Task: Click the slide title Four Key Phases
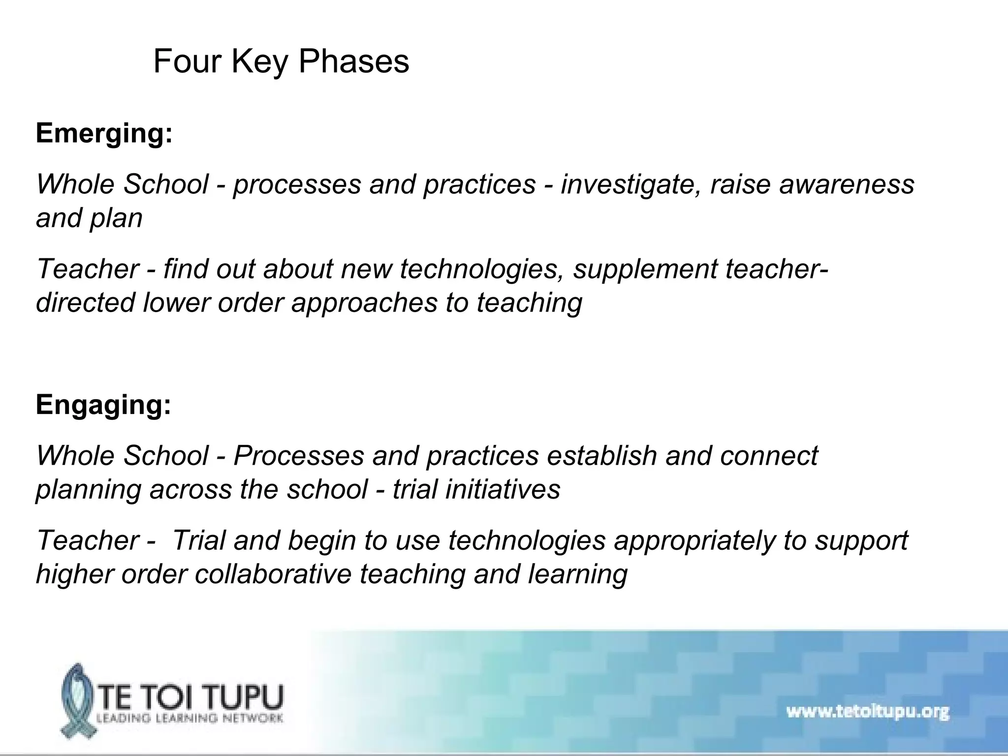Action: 281,62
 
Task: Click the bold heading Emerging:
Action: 104,133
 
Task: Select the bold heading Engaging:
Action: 103,405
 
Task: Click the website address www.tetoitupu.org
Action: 867,712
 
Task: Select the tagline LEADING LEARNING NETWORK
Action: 189,718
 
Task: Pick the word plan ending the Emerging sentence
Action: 116,219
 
